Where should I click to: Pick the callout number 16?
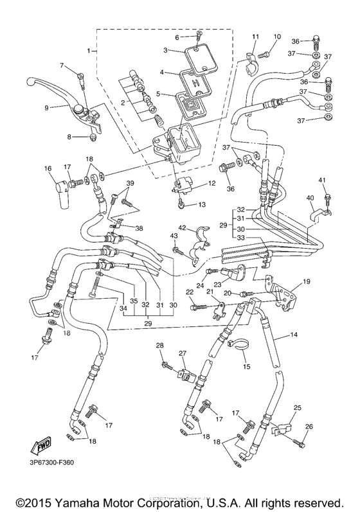[48, 168]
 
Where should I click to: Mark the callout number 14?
[294, 335]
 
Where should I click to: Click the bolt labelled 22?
[195, 308]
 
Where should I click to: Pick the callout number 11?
[255, 37]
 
